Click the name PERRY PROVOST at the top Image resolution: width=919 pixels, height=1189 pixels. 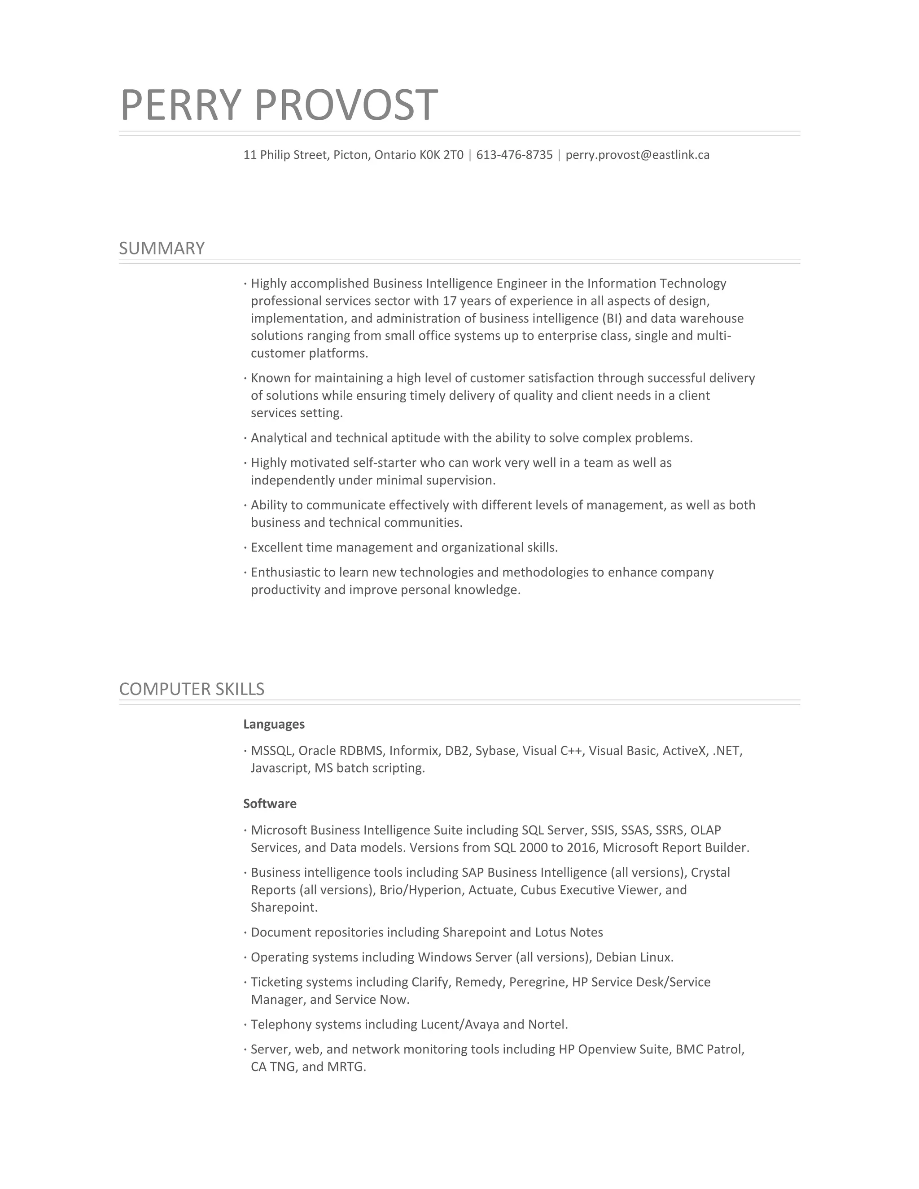[x=278, y=105]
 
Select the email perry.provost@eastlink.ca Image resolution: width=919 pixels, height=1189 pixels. [x=637, y=155]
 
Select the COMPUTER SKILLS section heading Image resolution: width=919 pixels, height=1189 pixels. [x=192, y=689]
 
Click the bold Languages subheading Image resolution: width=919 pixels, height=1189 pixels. [x=274, y=725]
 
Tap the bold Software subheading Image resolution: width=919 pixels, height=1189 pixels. [x=270, y=804]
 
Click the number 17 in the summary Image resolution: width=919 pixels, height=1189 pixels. [x=449, y=301]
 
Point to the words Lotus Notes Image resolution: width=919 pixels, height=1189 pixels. [x=569, y=933]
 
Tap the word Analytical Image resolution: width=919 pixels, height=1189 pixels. [x=278, y=438]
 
